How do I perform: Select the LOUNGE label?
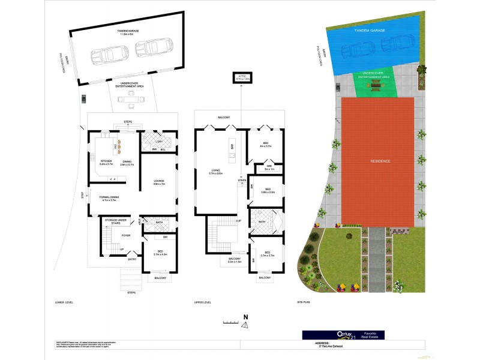[x=158, y=181]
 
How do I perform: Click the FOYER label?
[x=126, y=236]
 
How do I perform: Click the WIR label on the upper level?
[x=269, y=167]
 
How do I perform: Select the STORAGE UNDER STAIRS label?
[x=115, y=220]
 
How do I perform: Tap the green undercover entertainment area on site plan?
[x=374, y=83]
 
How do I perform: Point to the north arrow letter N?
[x=245, y=316]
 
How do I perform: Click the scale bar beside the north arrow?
[x=230, y=322]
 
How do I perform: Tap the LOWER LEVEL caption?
[x=64, y=302]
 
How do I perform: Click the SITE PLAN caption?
[x=304, y=302]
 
